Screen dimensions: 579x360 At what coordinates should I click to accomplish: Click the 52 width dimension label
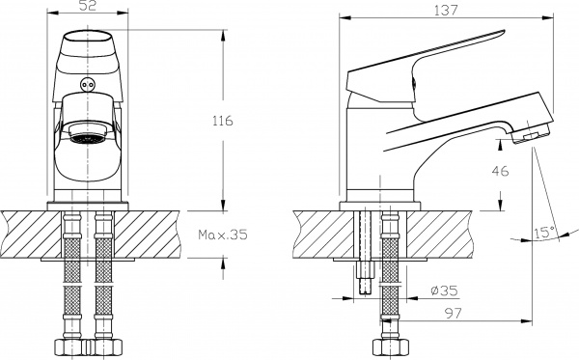pos(88,6)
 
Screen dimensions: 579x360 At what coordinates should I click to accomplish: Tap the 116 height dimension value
pos(223,121)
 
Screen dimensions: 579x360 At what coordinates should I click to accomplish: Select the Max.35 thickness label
pos(223,235)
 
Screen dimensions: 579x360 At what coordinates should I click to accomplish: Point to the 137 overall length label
pos(446,10)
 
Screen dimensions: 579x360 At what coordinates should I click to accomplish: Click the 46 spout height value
pos(500,171)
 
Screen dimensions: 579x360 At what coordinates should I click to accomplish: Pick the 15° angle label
pos(544,233)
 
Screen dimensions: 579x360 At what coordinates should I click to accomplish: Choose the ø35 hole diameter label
pos(444,291)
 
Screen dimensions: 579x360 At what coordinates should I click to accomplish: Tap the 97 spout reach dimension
pos(454,314)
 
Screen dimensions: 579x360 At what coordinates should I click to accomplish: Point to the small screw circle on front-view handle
pos(87,85)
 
